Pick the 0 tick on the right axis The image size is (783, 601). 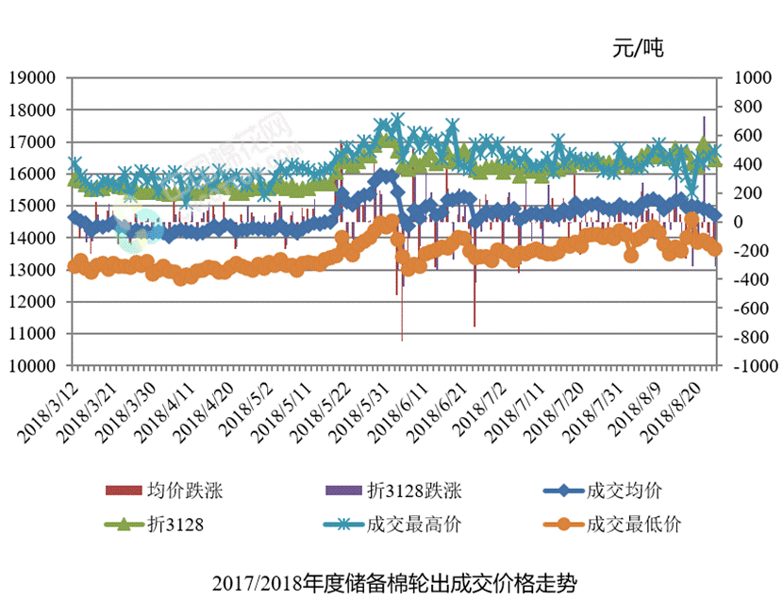click(x=732, y=222)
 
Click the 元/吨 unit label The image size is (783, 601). click(x=637, y=48)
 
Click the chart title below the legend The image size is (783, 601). click(x=392, y=580)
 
